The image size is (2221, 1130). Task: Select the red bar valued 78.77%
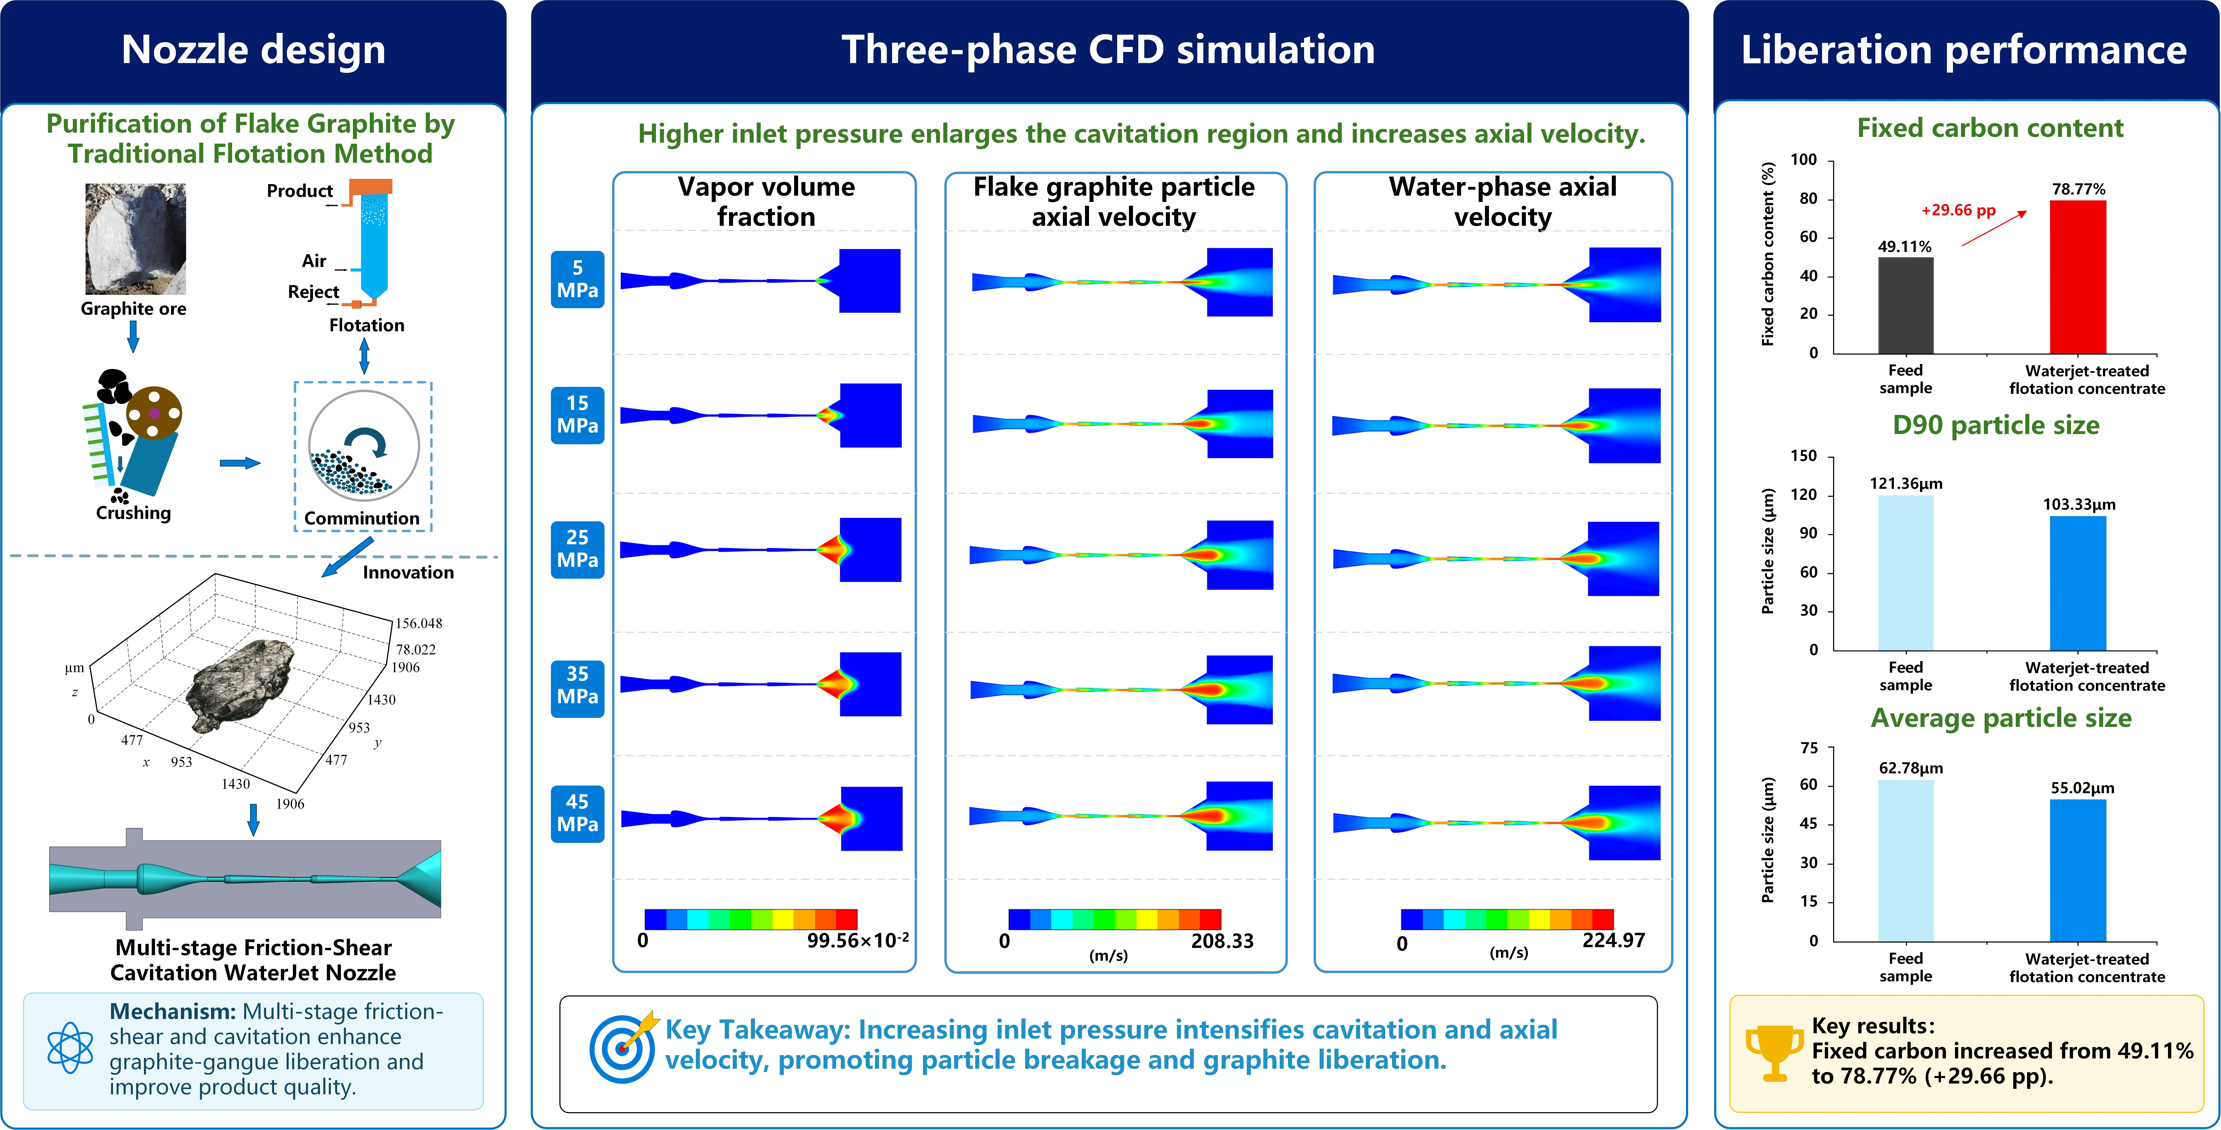2078,277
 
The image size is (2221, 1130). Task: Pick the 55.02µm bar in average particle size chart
2078,870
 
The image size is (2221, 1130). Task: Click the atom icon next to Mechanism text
70,1047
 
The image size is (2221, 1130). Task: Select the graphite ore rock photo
135,239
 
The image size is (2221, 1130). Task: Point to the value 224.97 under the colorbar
1613,940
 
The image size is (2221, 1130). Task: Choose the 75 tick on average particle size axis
1809,747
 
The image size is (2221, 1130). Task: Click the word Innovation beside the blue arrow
408,572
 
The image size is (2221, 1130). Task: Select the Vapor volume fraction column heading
766,202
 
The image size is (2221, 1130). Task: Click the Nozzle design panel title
253,49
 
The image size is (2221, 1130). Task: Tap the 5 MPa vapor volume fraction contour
760,280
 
